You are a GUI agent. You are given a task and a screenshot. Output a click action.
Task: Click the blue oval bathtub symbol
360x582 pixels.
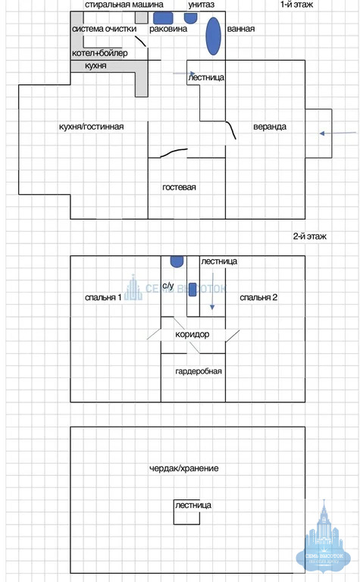click(214, 36)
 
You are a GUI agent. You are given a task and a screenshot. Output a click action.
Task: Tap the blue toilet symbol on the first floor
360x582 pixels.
click(191, 18)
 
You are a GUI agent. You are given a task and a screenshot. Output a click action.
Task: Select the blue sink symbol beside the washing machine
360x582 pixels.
click(163, 18)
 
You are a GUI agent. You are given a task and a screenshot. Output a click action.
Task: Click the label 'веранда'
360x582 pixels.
click(270, 127)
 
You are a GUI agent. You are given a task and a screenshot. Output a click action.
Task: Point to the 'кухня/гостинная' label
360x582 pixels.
click(91, 127)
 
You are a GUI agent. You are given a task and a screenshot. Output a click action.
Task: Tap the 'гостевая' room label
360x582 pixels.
click(179, 187)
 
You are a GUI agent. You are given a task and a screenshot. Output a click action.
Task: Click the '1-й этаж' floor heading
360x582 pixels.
click(296, 5)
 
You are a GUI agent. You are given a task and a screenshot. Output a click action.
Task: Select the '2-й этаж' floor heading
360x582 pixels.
click(310, 236)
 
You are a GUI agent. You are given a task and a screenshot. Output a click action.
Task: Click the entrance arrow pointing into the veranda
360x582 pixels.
click(338, 133)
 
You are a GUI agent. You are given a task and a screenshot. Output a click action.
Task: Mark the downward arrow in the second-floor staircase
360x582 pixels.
click(212, 291)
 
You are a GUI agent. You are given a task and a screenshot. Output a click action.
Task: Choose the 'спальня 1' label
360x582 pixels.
click(103, 297)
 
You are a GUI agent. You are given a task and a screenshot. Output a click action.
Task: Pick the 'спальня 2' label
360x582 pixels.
click(258, 297)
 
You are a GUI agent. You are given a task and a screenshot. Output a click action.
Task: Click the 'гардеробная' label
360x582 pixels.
click(198, 371)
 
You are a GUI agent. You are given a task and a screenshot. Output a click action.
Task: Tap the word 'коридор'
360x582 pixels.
click(193, 334)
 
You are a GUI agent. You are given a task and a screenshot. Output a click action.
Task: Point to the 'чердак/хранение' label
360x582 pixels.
click(183, 468)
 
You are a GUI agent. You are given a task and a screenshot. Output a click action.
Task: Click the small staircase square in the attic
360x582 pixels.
click(186, 512)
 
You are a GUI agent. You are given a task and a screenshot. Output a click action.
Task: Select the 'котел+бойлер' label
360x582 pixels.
click(99, 53)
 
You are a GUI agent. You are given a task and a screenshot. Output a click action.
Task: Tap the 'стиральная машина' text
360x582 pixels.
click(124, 5)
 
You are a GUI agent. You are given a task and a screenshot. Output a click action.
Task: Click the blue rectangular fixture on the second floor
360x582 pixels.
click(193, 289)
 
